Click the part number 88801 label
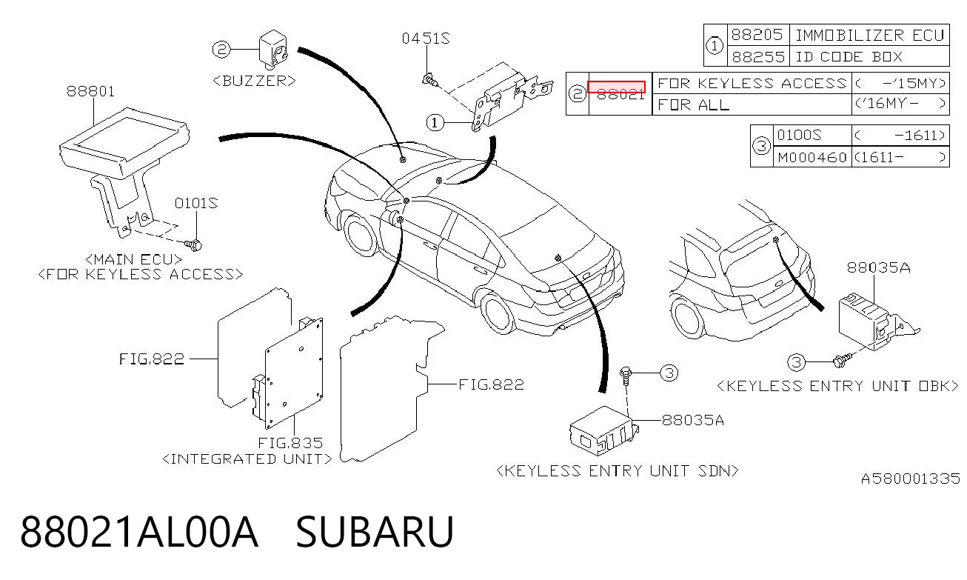coord(90,91)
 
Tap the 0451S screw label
coord(426,39)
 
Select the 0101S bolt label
coord(196,203)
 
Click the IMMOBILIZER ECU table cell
coord(869,35)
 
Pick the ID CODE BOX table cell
coord(869,56)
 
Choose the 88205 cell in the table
coord(758,35)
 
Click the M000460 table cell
coord(812,157)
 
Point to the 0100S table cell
coord(812,136)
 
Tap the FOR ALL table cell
coord(752,104)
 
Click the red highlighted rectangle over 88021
coord(617,87)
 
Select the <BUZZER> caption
coord(254,81)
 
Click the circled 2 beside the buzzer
coord(221,49)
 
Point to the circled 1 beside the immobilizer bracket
coord(435,123)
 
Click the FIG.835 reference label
coord(290,443)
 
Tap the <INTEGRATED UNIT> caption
coord(247,459)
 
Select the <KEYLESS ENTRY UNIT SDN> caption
coord(618,470)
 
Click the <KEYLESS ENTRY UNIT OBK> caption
coord(837,386)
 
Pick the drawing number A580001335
coord(911,479)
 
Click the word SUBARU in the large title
coord(375,532)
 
